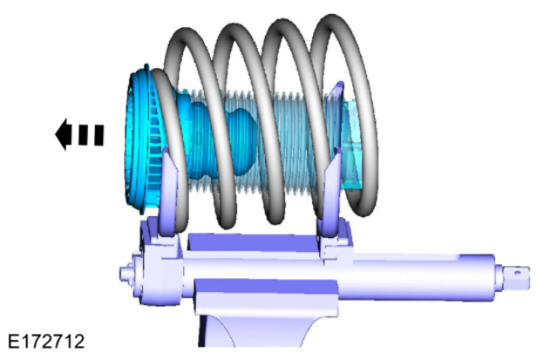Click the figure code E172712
pyautogui.click(x=46, y=342)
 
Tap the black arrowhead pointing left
pyautogui.click(x=63, y=134)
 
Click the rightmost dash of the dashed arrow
pyautogui.click(x=99, y=135)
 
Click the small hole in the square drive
pyautogui.click(x=517, y=273)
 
